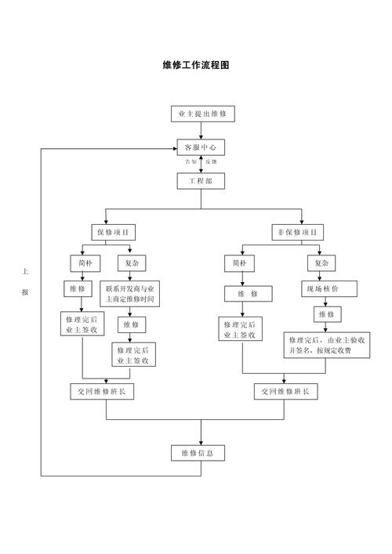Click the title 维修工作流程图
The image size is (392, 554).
[196, 65]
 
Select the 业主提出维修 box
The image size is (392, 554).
[201, 114]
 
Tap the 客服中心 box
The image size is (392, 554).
[201, 147]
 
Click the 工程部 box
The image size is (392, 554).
[201, 181]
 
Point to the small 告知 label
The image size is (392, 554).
[191, 161]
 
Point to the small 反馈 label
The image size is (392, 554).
[212, 161]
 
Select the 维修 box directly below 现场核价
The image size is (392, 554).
[325, 314]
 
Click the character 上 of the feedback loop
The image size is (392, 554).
[25, 272]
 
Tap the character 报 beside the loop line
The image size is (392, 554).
[25, 292]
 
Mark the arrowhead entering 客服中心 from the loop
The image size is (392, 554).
[174, 147]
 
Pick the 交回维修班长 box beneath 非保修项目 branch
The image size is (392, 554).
[285, 391]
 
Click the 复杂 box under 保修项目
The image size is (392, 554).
[130, 263]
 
